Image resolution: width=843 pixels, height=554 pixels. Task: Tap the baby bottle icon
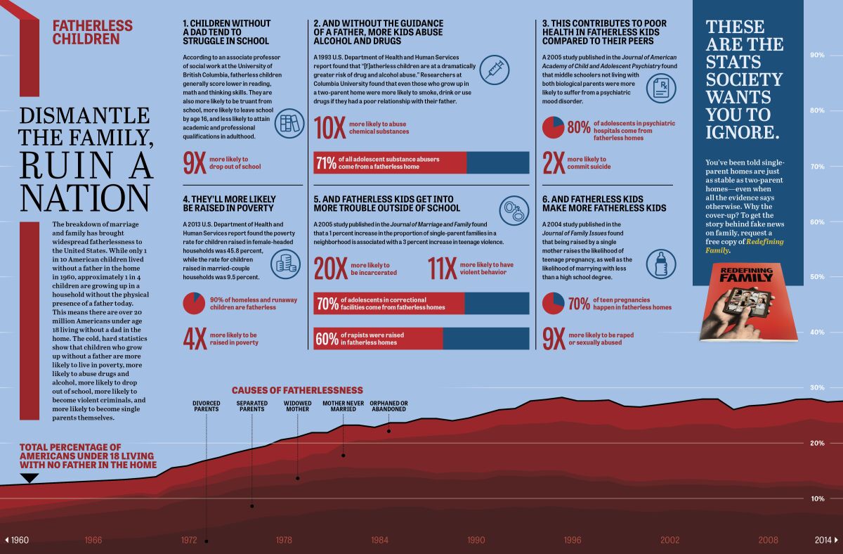(x=660, y=265)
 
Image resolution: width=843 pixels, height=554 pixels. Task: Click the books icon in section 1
(x=289, y=124)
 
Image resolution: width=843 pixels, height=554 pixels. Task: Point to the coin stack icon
(x=284, y=263)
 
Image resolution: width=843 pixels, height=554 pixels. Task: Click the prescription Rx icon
(x=660, y=86)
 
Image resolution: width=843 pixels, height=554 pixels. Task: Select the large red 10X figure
(x=329, y=129)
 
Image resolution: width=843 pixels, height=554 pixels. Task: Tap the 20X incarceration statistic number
(x=330, y=269)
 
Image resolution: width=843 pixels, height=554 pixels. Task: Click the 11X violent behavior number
(x=441, y=268)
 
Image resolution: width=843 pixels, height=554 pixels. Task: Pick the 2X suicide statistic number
(x=553, y=163)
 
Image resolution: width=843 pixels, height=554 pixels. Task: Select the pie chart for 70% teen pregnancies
(x=553, y=304)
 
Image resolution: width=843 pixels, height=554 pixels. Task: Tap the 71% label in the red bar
(x=326, y=163)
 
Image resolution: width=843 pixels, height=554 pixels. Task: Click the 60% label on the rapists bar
(x=326, y=339)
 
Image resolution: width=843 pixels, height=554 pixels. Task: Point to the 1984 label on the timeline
(x=380, y=540)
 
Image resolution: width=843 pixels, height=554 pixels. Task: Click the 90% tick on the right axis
(x=818, y=55)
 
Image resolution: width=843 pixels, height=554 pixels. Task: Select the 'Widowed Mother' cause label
(x=298, y=406)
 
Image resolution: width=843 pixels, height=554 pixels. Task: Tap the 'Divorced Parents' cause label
(x=207, y=406)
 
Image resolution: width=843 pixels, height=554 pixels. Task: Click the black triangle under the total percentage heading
(x=29, y=478)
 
